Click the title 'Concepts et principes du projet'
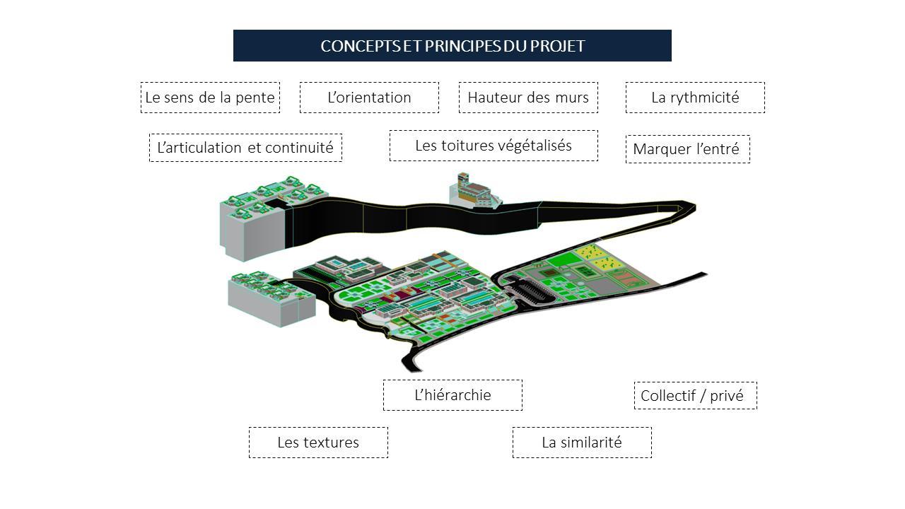coord(452,46)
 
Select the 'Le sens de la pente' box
coord(210,98)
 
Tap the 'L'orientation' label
coord(369,98)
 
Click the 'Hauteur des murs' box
coord(528,98)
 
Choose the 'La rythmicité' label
coord(695,98)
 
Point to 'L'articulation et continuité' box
coord(245,148)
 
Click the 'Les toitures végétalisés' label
coord(494,146)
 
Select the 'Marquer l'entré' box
coord(687,149)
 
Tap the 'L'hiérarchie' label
coord(452,395)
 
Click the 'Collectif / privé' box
coord(695,396)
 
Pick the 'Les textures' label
coord(318,443)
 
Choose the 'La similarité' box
coord(582,443)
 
